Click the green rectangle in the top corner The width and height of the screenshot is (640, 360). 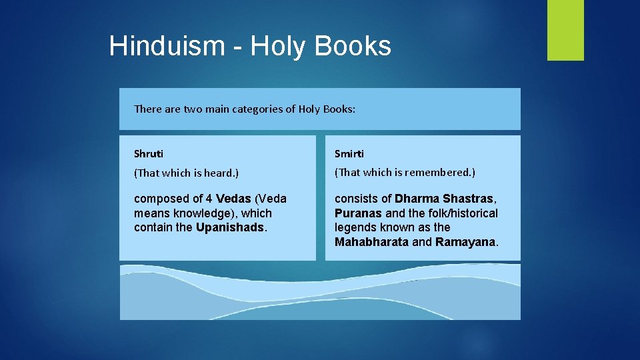[565, 30]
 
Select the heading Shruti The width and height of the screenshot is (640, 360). [149, 154]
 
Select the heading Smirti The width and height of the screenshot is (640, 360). [349, 154]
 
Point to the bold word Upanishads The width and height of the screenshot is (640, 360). [231, 227]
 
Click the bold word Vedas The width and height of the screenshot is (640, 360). [233, 199]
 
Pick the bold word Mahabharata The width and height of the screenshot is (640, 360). [371, 242]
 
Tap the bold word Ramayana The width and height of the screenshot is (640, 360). [465, 242]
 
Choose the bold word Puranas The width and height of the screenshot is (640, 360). [359, 213]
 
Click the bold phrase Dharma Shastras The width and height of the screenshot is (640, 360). [444, 199]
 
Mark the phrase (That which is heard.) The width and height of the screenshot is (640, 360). [186, 173]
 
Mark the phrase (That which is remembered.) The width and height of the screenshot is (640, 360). [405, 173]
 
